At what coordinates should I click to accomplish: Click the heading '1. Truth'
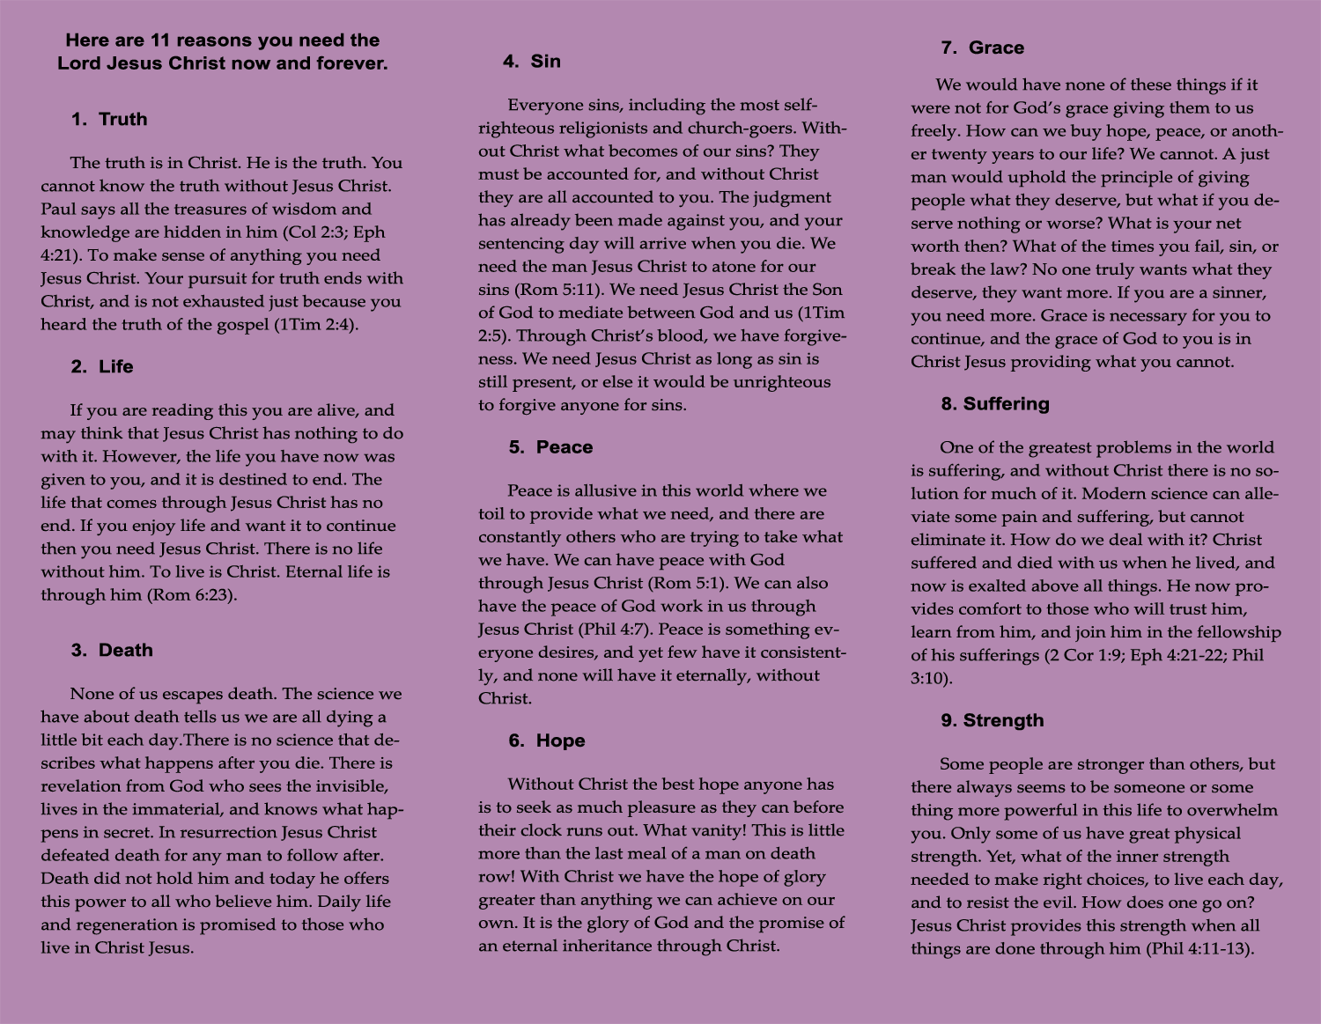(109, 120)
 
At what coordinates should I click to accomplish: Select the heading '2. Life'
(102, 367)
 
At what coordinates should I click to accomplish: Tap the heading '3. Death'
(112, 651)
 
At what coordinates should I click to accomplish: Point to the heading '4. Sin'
(532, 62)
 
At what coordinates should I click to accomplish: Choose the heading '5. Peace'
(550, 447)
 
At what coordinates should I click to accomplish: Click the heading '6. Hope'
(547, 741)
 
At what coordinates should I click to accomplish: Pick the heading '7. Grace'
(982, 48)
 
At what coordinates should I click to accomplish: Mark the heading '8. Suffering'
(995, 404)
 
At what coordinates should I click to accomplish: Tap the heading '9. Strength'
(993, 721)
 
